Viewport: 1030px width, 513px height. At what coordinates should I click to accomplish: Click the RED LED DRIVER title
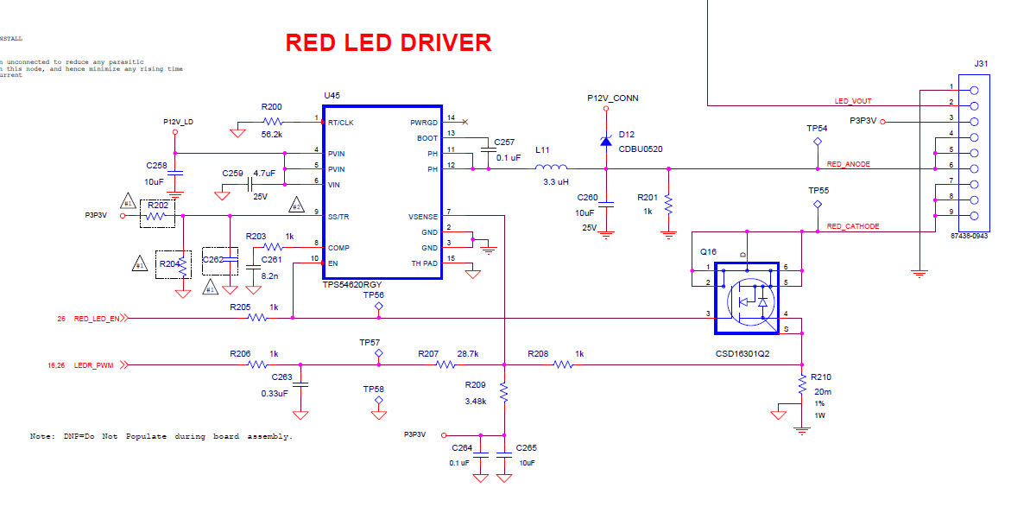coord(389,42)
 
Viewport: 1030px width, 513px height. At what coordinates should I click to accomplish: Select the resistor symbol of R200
coord(272,122)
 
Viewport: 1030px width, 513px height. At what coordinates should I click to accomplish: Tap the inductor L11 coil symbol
coord(551,168)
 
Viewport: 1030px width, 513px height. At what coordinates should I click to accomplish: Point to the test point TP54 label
coord(817,128)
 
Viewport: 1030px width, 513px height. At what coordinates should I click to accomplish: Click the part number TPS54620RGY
coord(352,284)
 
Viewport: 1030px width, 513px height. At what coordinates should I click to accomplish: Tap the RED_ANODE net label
coord(849,163)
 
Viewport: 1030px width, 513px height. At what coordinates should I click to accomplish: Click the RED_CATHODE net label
coord(853,226)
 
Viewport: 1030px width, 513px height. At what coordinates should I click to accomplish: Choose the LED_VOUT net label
coord(852,101)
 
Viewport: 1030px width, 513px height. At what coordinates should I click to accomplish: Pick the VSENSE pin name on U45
coord(423,216)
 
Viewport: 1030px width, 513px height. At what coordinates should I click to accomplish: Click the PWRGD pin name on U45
coord(424,123)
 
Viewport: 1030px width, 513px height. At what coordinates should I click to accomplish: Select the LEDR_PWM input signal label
coord(93,365)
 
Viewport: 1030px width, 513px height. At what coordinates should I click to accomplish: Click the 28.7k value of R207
coord(467,354)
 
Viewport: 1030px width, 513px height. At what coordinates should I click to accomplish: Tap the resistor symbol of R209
coord(503,394)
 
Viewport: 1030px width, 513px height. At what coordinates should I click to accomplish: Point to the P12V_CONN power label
coord(612,98)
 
